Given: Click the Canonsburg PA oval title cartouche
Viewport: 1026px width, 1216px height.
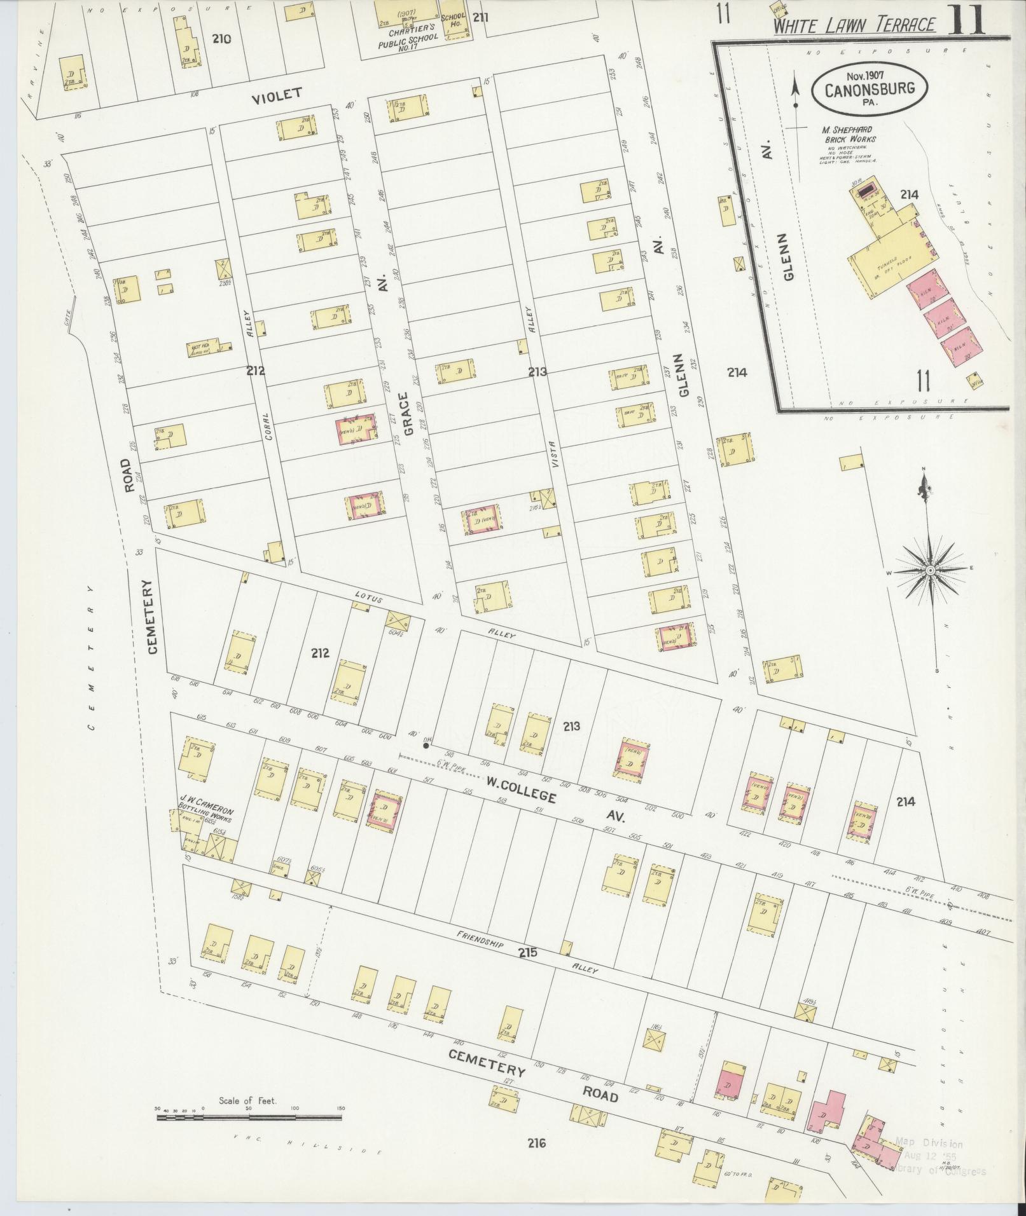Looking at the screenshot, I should pos(869,89).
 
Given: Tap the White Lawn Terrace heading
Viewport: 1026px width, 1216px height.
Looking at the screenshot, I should pos(855,25).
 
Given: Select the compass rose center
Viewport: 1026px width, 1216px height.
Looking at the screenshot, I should pos(930,570).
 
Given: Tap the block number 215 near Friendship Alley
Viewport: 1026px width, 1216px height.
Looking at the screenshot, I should pos(527,952).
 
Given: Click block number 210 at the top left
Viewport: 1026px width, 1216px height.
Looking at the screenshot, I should pos(221,39).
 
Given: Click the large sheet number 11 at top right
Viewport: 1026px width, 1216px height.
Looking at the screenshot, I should pos(967,19).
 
